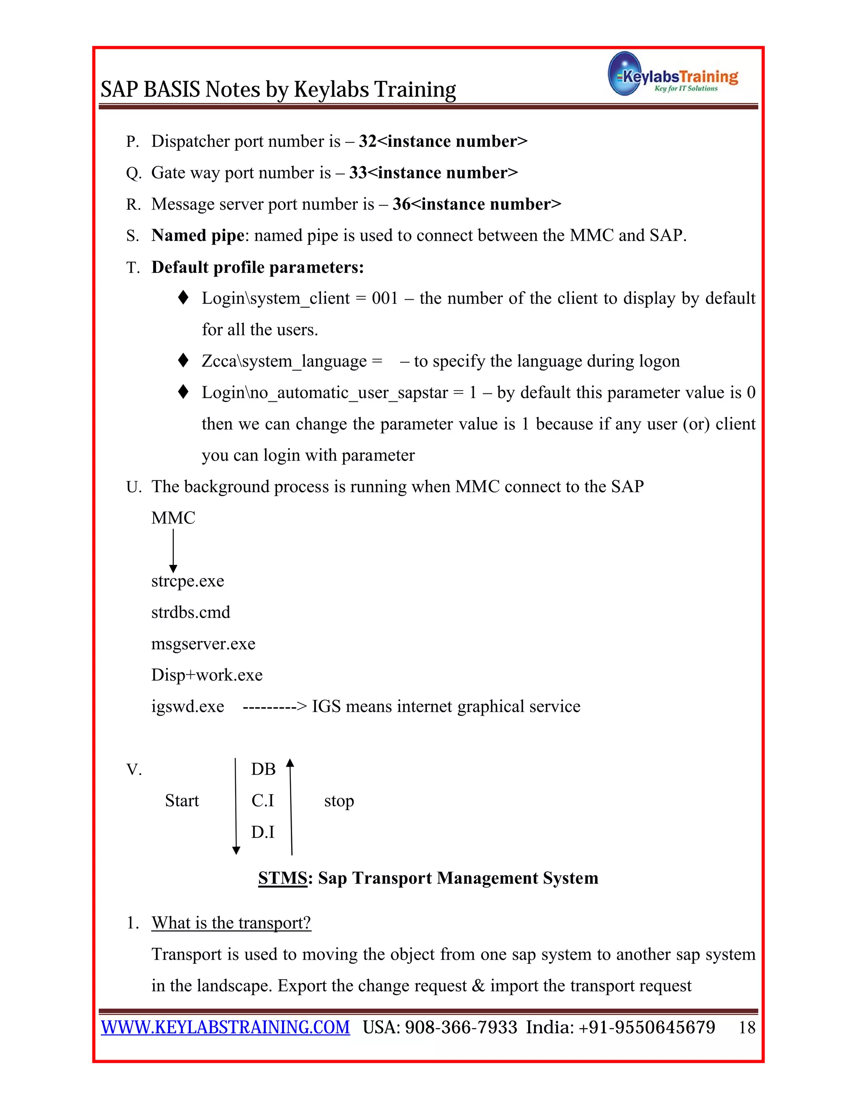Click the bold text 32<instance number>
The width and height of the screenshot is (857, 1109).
point(443,141)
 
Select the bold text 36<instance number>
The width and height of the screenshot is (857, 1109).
point(477,204)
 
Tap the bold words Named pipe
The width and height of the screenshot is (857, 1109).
point(198,236)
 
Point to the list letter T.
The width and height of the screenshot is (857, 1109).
point(133,267)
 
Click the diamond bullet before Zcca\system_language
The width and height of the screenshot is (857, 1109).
point(183,360)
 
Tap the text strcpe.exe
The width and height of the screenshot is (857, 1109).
point(187,580)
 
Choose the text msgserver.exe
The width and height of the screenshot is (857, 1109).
point(203,643)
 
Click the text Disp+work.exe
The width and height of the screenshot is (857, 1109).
point(207,675)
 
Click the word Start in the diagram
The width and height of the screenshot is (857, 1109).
point(182,801)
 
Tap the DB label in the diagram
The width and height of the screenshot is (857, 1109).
point(263,769)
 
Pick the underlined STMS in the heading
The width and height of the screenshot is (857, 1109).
point(282,878)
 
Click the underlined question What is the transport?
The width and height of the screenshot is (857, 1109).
point(231,923)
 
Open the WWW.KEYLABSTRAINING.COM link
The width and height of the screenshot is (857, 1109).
point(226,1027)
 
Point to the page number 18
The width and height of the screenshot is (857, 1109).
point(747,1028)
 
